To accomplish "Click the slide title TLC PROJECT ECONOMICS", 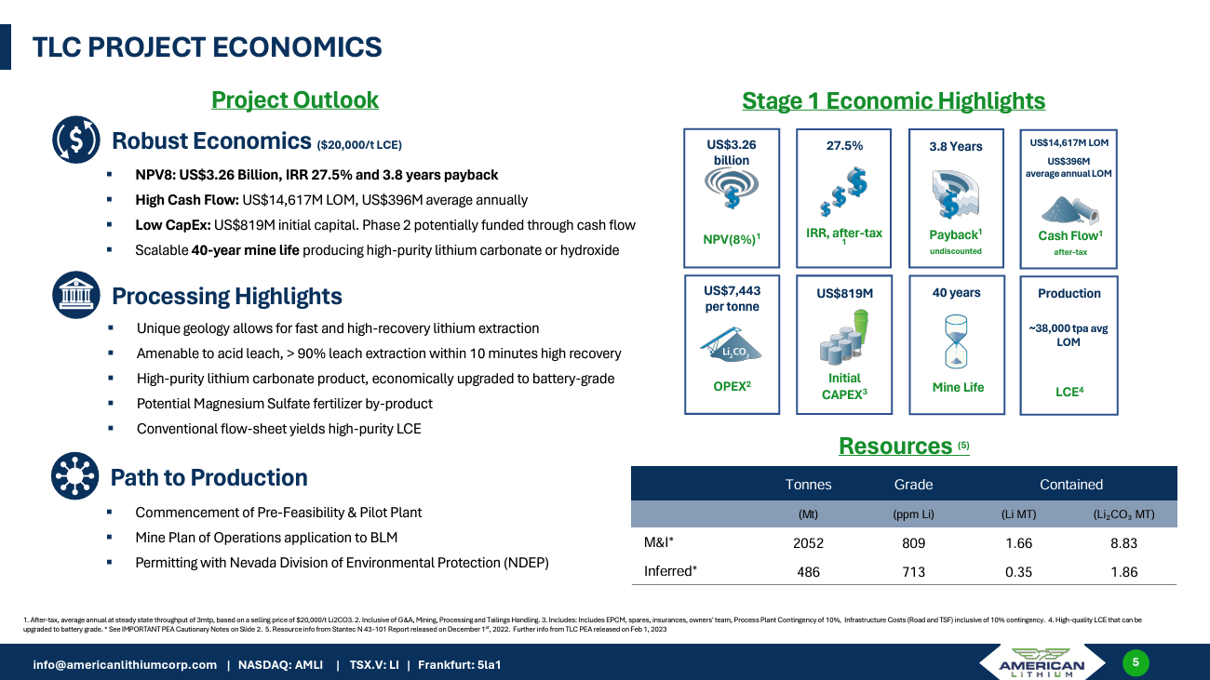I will click(207, 47).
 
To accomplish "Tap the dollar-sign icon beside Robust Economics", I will click(75, 140).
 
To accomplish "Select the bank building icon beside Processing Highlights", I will click(75, 296).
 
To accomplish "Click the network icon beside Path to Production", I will click(75, 477).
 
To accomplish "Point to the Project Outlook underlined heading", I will click(294, 100).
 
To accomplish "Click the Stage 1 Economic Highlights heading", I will click(893, 100).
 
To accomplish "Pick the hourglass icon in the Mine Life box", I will click(957, 341).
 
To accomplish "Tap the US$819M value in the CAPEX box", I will click(844, 294).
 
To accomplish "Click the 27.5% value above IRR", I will click(844, 146).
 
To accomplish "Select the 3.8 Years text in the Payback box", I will click(956, 146).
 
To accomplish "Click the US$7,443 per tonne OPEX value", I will click(732, 299).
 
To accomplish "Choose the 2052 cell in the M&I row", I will click(808, 544).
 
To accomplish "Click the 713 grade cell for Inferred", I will click(913, 572).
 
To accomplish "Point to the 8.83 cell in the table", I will click(1123, 544).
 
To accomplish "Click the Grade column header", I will click(913, 484).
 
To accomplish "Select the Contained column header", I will click(1070, 484).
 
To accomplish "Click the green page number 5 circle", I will click(1136, 662).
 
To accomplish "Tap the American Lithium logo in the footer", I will click(1041, 664).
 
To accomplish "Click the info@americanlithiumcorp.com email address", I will click(125, 664).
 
